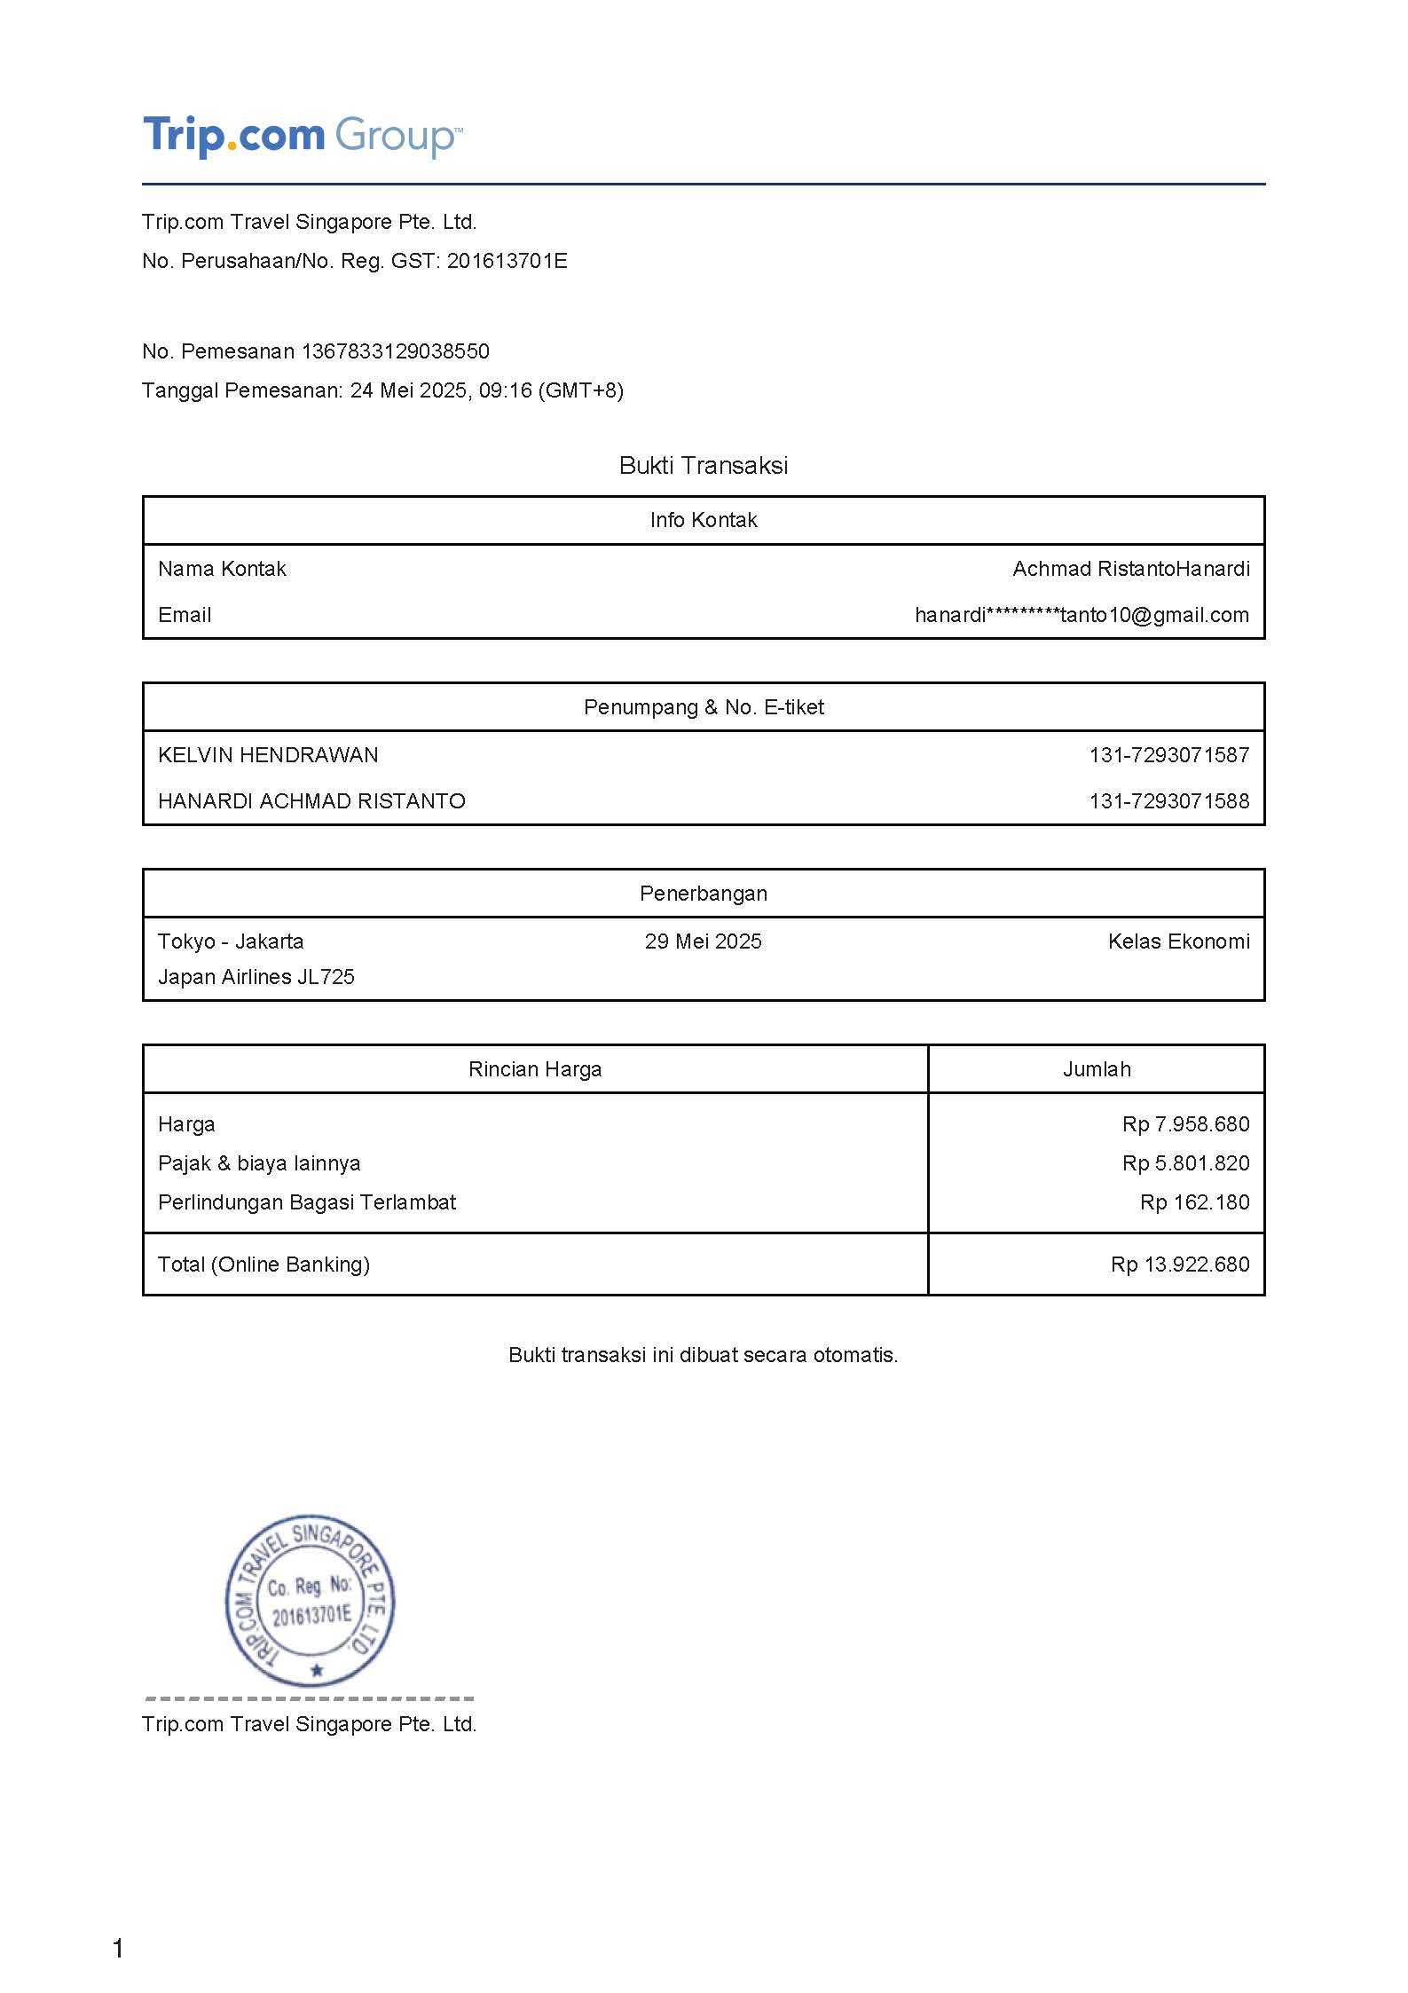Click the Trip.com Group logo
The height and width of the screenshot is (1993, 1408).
pyautogui.click(x=302, y=136)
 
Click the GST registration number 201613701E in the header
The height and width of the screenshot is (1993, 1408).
pyautogui.click(x=507, y=261)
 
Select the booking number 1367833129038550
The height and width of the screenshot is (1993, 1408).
pyautogui.click(x=395, y=351)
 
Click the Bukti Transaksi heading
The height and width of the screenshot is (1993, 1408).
pyautogui.click(x=704, y=466)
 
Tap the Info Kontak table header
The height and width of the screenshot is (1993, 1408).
pyautogui.click(x=704, y=520)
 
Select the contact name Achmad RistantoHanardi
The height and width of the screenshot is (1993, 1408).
pyautogui.click(x=1131, y=569)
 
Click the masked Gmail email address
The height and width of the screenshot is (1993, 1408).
pyautogui.click(x=1082, y=615)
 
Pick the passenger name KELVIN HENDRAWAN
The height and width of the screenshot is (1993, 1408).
pyautogui.click(x=268, y=755)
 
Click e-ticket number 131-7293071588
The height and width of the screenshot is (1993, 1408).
pyautogui.click(x=1168, y=801)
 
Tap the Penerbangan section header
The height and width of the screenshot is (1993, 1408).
pyautogui.click(x=704, y=894)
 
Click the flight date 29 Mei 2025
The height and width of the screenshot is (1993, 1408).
pyautogui.click(x=703, y=941)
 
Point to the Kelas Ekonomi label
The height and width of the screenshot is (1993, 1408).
pyautogui.click(x=1178, y=941)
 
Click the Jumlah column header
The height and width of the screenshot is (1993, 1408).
pyautogui.click(x=1097, y=1069)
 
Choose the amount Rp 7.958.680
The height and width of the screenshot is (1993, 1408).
pyautogui.click(x=1185, y=1124)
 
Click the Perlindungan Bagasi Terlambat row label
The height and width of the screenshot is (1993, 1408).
pyautogui.click(x=306, y=1202)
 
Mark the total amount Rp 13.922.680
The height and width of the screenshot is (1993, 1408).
pyautogui.click(x=1179, y=1264)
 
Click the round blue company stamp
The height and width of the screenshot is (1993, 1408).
pyautogui.click(x=310, y=1601)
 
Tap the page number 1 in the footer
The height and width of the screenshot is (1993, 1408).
pyautogui.click(x=118, y=1949)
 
